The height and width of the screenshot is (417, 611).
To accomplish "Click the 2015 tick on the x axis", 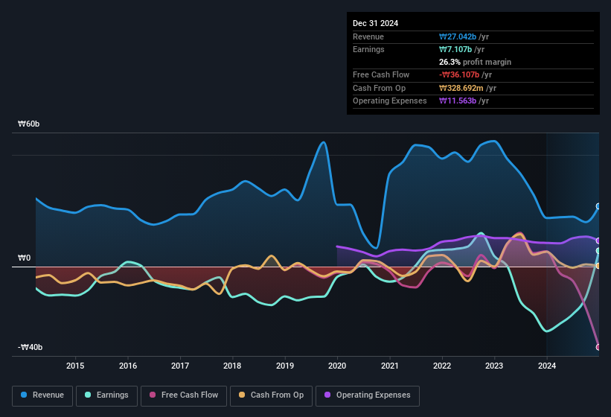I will coord(74,366).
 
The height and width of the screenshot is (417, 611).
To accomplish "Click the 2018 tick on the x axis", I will coord(232,366).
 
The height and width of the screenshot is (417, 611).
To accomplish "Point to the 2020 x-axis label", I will coord(337,366).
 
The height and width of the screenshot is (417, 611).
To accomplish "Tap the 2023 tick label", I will coord(494,366).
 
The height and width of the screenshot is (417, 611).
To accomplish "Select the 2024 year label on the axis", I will coord(547,366).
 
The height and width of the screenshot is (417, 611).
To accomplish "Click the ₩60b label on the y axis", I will coord(29,124).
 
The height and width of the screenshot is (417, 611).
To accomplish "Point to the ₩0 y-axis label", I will coord(25,258).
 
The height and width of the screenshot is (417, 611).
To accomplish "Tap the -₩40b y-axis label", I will coord(31,348).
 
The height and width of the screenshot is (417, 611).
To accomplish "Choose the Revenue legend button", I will coord(43,395).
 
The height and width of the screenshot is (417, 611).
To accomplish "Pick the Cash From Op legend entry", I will coord(271,395).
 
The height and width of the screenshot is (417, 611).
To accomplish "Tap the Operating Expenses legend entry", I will coord(368,395).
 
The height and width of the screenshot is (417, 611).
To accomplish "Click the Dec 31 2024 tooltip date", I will coord(376,23).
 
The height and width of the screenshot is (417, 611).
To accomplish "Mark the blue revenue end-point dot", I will coord(598,206).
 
